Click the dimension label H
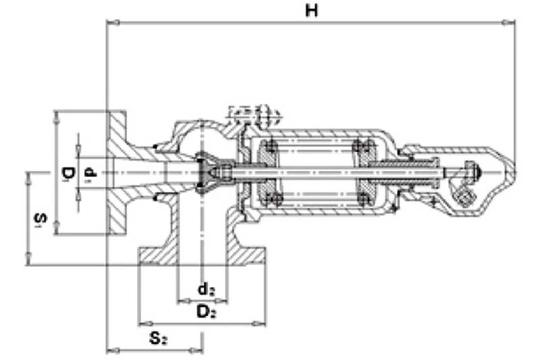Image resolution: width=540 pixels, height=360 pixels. pyautogui.click(x=312, y=11)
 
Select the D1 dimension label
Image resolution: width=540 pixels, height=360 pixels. pyautogui.click(x=68, y=174)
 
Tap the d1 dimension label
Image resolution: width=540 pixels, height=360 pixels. pyautogui.click(x=90, y=172)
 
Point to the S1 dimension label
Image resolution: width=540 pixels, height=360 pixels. pyautogui.click(x=40, y=220)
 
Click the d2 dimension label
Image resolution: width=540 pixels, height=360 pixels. pyautogui.click(x=207, y=288)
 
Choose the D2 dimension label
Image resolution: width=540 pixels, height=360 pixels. pyautogui.click(x=206, y=312)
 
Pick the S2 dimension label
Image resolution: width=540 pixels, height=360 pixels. pyautogui.click(x=159, y=338)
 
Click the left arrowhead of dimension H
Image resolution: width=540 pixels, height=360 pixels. pyautogui.click(x=113, y=23)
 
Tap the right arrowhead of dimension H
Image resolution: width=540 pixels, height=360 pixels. pyautogui.click(x=508, y=23)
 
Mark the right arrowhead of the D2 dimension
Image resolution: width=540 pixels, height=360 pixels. pyautogui.click(x=259, y=324)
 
